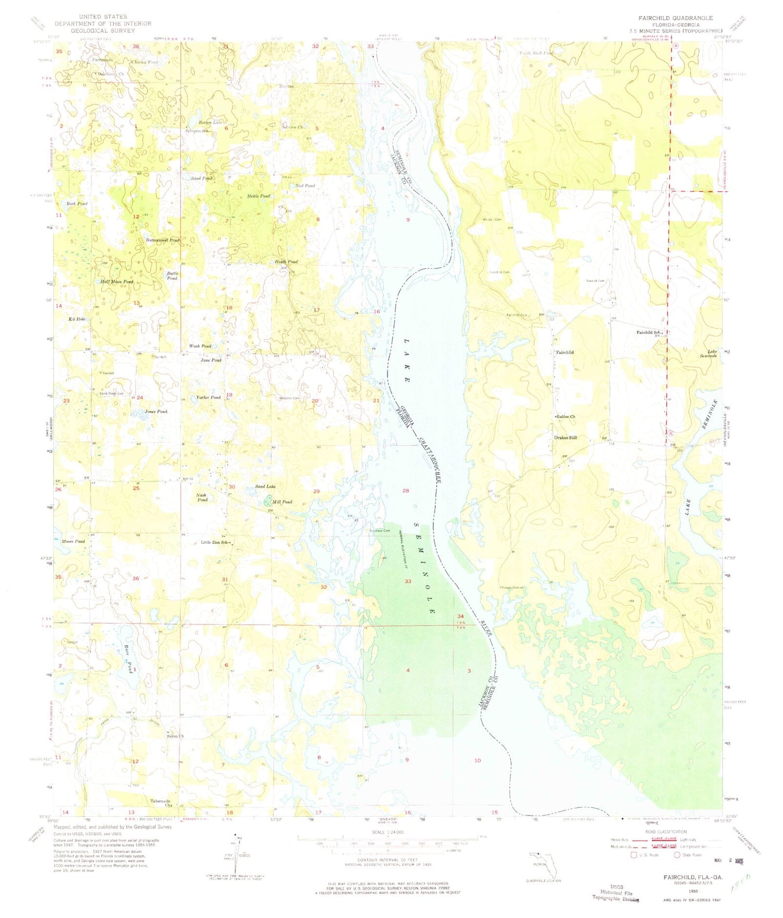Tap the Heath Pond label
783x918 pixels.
tap(286, 261)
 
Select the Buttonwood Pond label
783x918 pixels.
tap(162, 240)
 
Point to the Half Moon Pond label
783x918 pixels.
tap(117, 282)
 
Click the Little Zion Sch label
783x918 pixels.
tap(215, 542)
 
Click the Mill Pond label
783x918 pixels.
tap(282, 502)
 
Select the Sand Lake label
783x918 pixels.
tap(265, 486)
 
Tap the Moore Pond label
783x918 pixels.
tap(73, 542)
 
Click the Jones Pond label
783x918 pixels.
tap(156, 412)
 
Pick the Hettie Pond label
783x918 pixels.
tap(258, 196)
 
